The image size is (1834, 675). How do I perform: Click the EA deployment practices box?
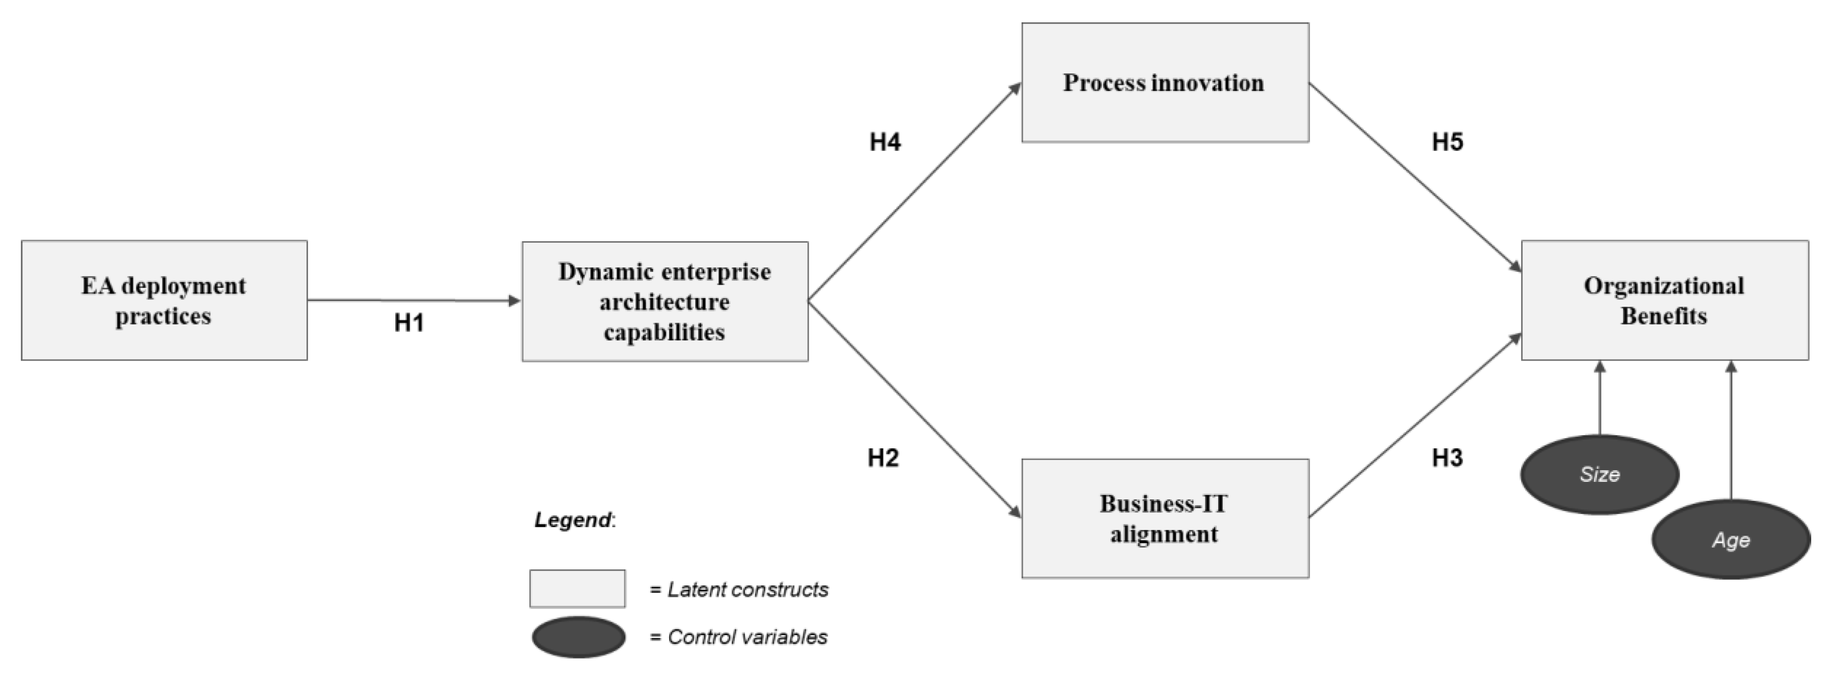[164, 300]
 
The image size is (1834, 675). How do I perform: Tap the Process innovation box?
[1165, 82]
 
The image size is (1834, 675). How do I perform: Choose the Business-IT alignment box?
[1165, 518]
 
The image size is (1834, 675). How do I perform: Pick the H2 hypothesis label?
[883, 458]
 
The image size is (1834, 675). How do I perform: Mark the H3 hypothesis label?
[1447, 458]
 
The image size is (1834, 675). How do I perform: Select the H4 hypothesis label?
[885, 142]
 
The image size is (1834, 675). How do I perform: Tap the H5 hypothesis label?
[1447, 142]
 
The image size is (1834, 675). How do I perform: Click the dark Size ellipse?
[1599, 474]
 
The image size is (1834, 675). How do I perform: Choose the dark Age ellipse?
[1730, 540]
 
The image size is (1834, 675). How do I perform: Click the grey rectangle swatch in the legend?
[577, 588]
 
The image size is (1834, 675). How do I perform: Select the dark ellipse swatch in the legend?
[578, 637]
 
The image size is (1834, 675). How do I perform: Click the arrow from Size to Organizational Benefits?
[1600, 399]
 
